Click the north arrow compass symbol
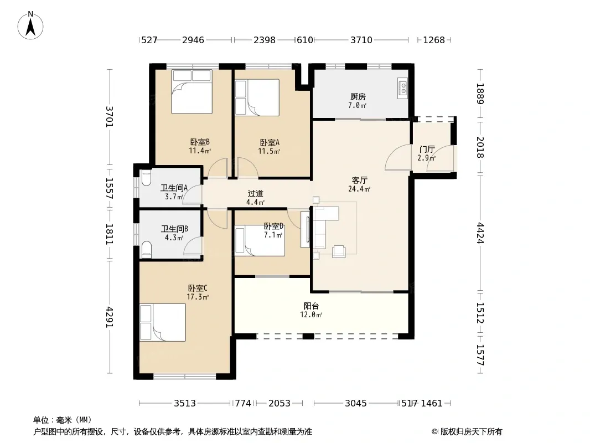click(30, 25)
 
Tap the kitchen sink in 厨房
click(402, 89)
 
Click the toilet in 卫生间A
click(146, 178)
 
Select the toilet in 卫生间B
click(146, 249)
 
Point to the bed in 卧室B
click(192, 91)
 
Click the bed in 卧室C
click(163, 322)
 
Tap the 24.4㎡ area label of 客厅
click(359, 189)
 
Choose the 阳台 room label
click(311, 306)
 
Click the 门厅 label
click(427, 150)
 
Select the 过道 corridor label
click(256, 193)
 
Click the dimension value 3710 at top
click(361, 40)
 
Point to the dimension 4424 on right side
click(480, 233)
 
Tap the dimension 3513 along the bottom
click(185, 404)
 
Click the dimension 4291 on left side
click(109, 317)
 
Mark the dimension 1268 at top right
click(434, 40)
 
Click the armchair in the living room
click(339, 251)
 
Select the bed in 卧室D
click(260, 240)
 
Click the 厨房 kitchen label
click(358, 97)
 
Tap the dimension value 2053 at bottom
click(279, 404)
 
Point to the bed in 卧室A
click(257, 97)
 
